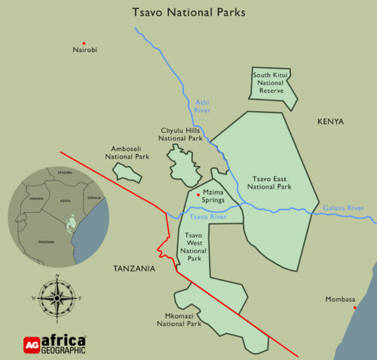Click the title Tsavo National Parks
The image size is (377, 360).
pyautogui.click(x=188, y=12)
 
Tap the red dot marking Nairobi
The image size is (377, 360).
pyautogui.click(x=84, y=43)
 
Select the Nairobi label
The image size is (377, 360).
pyautogui.click(x=85, y=51)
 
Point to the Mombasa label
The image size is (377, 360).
pyautogui.click(x=340, y=299)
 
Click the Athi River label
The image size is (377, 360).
pyautogui.click(x=202, y=106)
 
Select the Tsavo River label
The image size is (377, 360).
pyautogui.click(x=208, y=217)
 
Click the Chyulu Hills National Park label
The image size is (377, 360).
pyautogui.click(x=180, y=134)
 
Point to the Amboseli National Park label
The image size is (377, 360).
pyautogui.click(x=127, y=152)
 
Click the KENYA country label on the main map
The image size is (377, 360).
pyautogui.click(x=330, y=122)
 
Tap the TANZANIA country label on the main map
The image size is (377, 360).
pyautogui.click(x=134, y=269)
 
